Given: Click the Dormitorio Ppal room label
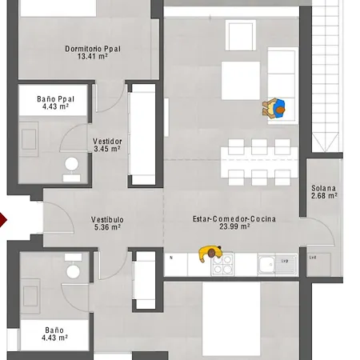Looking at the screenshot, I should (x=92, y=49).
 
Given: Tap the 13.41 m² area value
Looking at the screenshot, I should (x=92, y=58).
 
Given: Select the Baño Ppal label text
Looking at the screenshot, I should (x=56, y=99).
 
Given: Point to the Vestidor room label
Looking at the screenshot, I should (x=108, y=141).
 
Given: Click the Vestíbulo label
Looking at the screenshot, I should (x=106, y=218).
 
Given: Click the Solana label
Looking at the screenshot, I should (x=323, y=187).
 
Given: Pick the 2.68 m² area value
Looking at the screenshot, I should (x=323, y=196).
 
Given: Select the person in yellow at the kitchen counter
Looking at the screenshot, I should (x=211, y=254).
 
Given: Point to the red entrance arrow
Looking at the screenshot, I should (x=2, y=218).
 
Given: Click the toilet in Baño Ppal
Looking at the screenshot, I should (x=72, y=165).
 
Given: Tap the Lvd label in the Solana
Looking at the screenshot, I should (x=314, y=257).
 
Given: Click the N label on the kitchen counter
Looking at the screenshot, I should (x=172, y=258).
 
